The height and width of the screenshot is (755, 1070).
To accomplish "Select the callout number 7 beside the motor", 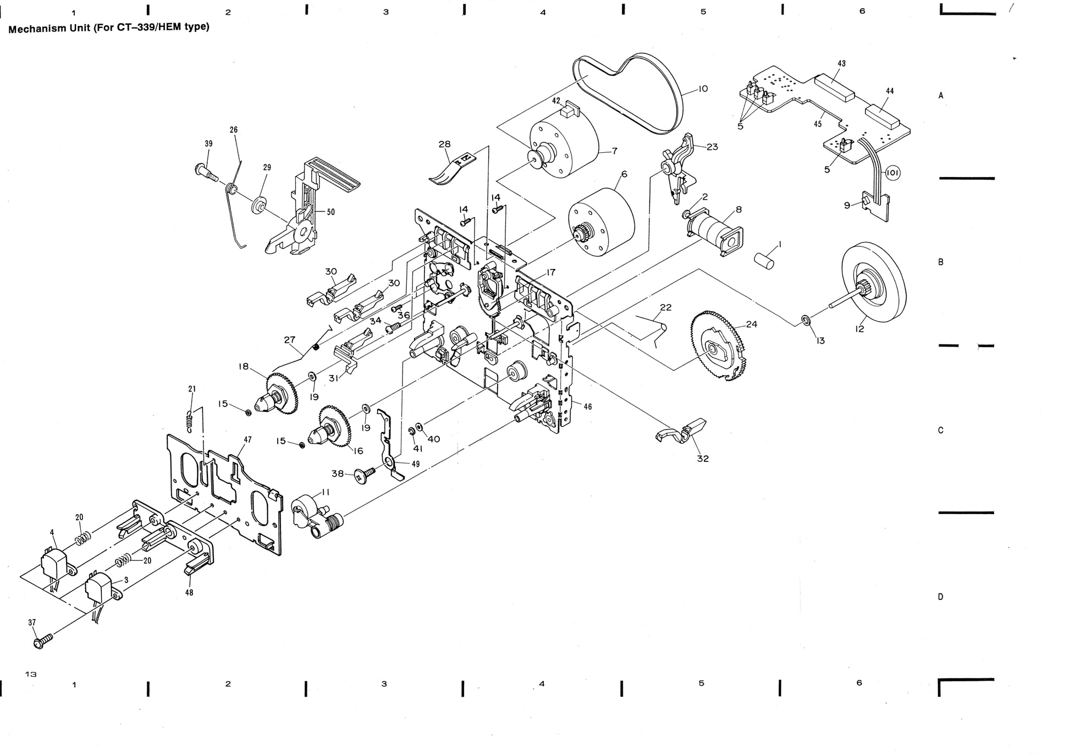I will click(x=614, y=151).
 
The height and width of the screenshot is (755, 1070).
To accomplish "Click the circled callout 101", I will click(x=892, y=173).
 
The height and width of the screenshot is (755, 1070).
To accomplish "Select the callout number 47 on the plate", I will click(x=248, y=439).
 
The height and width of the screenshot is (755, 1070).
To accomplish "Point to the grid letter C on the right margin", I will click(x=940, y=430).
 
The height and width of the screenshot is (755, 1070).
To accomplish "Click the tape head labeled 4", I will click(x=54, y=561).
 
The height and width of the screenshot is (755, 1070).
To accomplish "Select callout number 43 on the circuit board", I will click(x=841, y=63).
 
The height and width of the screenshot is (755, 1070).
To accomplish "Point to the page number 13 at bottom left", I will click(x=31, y=674).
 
